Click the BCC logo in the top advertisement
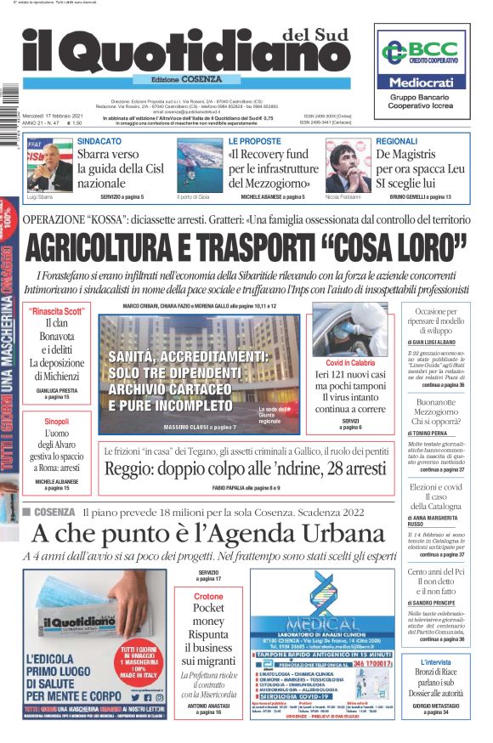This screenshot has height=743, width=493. point(422,52)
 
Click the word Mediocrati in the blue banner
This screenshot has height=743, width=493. point(422,83)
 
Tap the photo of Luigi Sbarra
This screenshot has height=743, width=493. point(50,165)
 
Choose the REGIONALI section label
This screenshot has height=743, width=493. point(397,140)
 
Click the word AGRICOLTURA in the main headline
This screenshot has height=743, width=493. point(112,247)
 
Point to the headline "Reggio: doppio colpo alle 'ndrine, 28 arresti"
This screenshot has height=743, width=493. point(246,468)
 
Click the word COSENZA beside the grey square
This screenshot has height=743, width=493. point(55,511)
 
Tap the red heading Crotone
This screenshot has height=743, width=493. point(208,597)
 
